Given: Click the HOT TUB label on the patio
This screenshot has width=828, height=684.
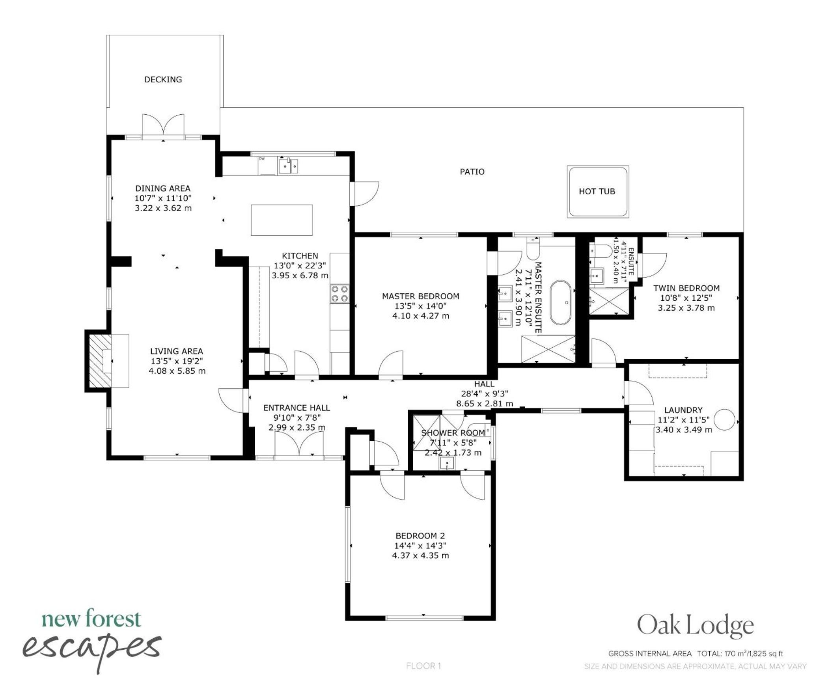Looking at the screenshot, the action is tap(597, 191).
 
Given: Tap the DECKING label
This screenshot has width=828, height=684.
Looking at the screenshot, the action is tap(163, 80).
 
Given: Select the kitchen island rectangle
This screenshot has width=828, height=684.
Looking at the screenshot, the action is tap(282, 220).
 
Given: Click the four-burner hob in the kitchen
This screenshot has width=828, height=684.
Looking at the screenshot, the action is tap(339, 294).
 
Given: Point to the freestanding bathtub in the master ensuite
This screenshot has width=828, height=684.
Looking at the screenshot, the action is tap(560, 302).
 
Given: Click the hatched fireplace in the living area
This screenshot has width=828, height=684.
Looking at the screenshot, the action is tap(99, 361).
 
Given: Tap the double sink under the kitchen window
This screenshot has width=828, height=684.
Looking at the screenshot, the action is tap(288, 166).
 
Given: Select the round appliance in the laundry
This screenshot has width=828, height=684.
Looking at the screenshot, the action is tap(725, 419).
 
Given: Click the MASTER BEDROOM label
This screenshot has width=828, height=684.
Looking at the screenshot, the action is tap(420, 296).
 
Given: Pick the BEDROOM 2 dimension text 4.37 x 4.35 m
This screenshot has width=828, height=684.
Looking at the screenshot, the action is tap(420, 555).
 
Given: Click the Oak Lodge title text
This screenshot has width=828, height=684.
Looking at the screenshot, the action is tap(696, 626).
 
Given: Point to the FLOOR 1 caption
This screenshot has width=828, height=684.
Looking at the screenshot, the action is tap(423, 666).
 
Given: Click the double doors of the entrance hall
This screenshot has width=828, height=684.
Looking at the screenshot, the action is tap(299, 444).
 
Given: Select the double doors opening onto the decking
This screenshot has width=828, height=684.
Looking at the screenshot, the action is tap(163, 126).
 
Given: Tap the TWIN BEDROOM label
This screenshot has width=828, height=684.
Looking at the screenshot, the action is tap(686, 288).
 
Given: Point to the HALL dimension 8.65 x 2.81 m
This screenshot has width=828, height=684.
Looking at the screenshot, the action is tap(485, 403).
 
